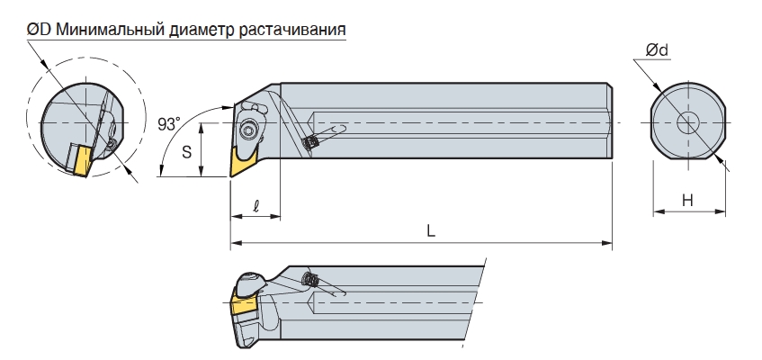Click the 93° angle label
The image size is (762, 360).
pos(168,124)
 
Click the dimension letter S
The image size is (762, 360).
pos(187,152)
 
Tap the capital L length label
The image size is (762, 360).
pos(431,230)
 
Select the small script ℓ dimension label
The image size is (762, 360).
pos(256,206)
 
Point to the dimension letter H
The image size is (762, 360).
pos(687,200)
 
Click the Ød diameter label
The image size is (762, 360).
pos(657,49)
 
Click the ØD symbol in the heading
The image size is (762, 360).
pos(39,30)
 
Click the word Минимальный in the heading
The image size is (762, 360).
pos(111,30)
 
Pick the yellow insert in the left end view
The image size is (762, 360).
pos(80,160)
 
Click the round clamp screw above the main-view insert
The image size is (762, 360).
pos(248,130)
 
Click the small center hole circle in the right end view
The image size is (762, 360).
pos(688,122)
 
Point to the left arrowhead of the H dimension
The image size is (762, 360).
pos(659,211)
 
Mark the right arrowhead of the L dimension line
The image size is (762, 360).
pos(606,242)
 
